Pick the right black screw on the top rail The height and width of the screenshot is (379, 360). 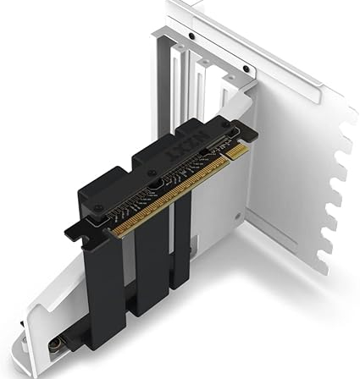[246, 69]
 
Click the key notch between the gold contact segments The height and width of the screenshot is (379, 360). [226, 161]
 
